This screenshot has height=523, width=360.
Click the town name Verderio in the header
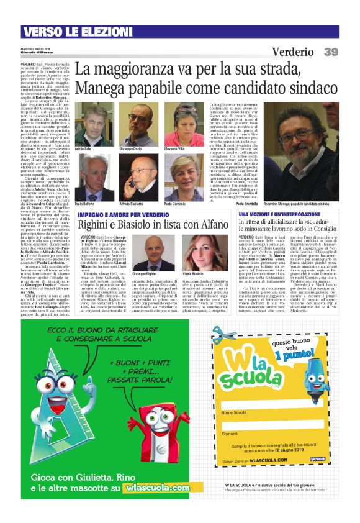point(292,52)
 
